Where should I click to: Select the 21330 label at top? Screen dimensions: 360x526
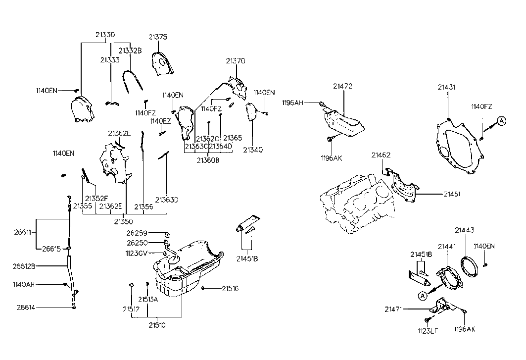coord(105,35)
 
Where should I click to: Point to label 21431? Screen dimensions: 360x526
coord(446,87)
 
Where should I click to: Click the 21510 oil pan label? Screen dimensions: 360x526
coord(156,325)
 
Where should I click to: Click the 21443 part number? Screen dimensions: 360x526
coord(465,230)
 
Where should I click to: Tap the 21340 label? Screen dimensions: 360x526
coord(253,150)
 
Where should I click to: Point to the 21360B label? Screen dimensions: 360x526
coord(208,160)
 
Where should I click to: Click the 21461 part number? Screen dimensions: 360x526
coord(452,194)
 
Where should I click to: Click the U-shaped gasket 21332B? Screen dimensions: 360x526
coord(133,79)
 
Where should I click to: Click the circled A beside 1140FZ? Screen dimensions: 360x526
coord(501,120)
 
